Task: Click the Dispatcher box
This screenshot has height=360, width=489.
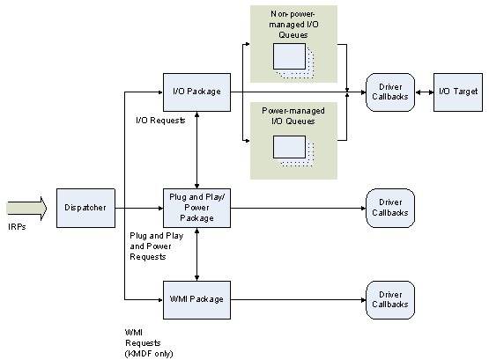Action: click(85, 208)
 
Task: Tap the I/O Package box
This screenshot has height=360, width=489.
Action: click(196, 92)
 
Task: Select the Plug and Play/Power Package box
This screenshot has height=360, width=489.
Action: click(196, 208)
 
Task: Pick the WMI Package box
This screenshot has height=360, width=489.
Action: click(196, 300)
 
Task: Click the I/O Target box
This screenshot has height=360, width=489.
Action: click(458, 92)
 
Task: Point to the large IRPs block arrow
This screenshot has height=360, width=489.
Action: click(26, 208)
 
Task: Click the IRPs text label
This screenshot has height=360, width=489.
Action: click(17, 227)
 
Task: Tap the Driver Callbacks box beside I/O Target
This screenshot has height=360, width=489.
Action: click(390, 92)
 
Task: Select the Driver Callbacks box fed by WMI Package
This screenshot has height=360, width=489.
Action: click(390, 300)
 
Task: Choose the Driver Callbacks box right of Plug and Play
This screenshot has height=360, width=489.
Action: click(390, 208)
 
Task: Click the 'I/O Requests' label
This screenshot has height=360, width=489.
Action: click(160, 121)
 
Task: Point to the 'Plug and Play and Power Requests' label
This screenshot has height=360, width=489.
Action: click(157, 246)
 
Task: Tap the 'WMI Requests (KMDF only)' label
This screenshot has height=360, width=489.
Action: click(149, 343)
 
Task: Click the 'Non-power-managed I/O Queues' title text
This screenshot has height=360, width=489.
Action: click(293, 25)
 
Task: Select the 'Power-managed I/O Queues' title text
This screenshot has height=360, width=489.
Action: click(293, 116)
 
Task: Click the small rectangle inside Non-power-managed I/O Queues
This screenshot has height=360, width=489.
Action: click(289, 56)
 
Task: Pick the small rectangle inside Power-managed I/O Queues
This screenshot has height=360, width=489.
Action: click(289, 147)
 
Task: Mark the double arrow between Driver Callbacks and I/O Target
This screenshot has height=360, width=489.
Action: click(425, 92)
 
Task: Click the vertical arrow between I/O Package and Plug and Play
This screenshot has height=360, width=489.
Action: click(196, 151)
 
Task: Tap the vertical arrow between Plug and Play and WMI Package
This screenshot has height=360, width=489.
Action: click(196, 254)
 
